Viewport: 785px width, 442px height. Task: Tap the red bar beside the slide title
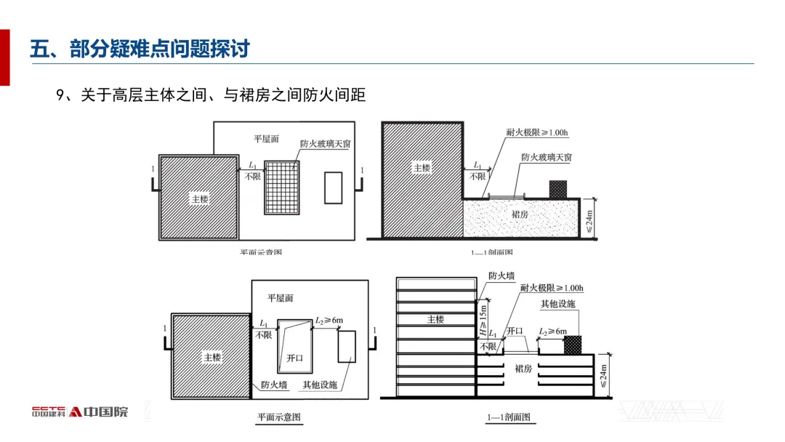4,58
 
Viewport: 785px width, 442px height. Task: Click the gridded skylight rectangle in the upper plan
282,187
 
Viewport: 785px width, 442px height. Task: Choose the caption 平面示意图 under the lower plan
279,418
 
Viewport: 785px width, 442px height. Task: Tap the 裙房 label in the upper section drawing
520,214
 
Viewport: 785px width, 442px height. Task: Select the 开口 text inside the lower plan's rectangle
294,358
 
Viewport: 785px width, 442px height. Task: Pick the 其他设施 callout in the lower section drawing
557,304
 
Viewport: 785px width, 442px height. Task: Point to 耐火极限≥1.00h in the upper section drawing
538,133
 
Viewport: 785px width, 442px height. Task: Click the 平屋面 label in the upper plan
266,138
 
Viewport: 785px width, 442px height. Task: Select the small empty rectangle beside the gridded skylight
333,187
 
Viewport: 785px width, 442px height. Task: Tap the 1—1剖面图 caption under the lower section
509,418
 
